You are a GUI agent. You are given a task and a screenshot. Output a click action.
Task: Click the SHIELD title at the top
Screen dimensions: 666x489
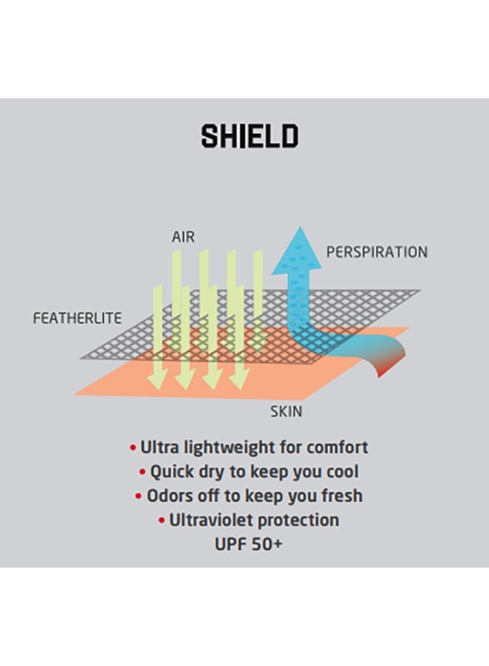click(x=249, y=136)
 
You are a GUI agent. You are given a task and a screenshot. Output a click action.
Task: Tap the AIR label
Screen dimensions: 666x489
click(x=183, y=237)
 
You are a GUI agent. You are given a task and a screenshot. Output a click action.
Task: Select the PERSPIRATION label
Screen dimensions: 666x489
click(x=376, y=252)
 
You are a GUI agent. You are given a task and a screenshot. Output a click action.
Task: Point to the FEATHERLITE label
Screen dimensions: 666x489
click(x=78, y=319)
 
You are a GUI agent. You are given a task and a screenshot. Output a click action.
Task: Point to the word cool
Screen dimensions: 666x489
click(x=341, y=471)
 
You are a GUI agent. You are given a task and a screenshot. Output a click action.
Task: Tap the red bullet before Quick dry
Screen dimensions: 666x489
click(x=143, y=472)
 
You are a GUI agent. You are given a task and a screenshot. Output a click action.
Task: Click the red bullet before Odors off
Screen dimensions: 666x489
click(x=139, y=497)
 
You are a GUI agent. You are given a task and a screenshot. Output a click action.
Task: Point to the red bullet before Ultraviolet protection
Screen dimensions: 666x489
click(x=162, y=521)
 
